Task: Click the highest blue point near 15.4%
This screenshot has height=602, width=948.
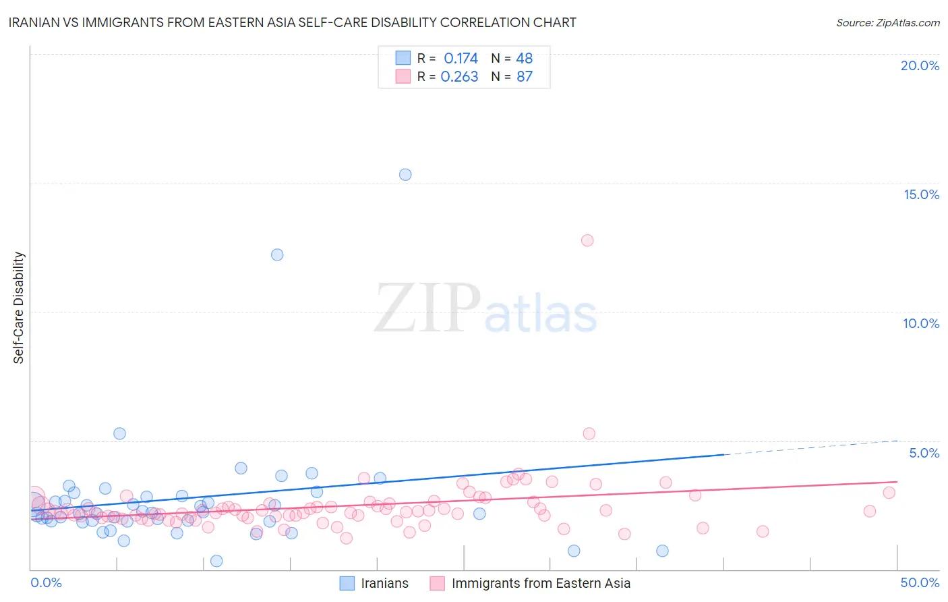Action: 405,175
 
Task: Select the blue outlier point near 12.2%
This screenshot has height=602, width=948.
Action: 277,255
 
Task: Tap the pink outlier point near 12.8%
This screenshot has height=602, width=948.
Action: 587,240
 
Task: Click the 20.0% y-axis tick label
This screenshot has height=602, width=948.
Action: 920,65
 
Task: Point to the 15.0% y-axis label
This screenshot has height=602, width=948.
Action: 921,194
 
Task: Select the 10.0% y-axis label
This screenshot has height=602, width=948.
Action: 921,323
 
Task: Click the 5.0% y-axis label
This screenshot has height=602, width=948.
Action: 924,453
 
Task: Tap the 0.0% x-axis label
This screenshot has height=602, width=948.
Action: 47,582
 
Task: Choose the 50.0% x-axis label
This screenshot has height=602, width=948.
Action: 920,582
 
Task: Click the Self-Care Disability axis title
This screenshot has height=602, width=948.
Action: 19,308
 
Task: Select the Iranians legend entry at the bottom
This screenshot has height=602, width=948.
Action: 384,583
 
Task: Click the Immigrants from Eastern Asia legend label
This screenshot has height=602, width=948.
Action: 541,583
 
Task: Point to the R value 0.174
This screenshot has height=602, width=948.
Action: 461,59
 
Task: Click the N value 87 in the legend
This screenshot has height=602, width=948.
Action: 525,77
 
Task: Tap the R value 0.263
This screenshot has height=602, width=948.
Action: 459,77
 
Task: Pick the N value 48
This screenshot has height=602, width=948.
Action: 525,59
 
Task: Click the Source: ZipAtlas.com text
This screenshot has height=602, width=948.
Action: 887,23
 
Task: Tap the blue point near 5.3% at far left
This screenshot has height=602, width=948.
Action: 119,434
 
